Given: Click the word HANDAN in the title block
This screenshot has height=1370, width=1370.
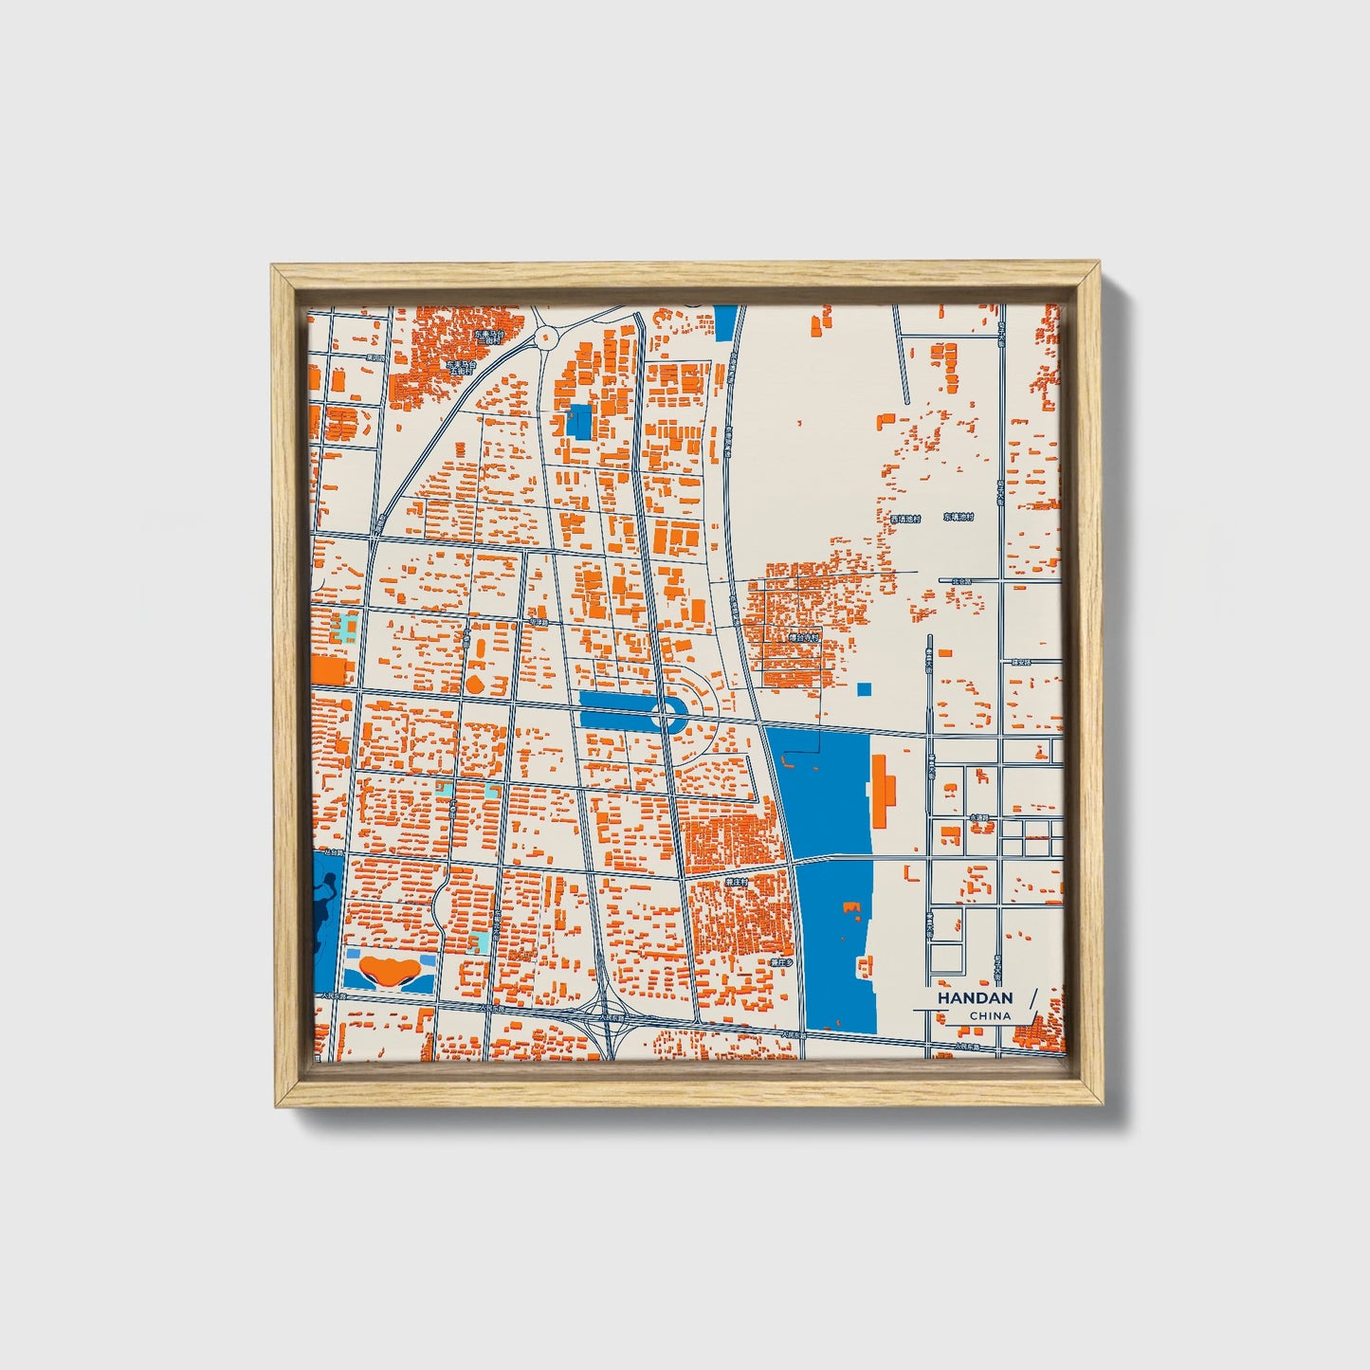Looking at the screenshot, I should pyautogui.click(x=975, y=998).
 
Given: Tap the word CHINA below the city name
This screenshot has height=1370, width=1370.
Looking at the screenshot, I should pyautogui.click(x=990, y=1016).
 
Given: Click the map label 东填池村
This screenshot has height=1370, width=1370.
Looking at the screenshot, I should pyautogui.click(x=958, y=518).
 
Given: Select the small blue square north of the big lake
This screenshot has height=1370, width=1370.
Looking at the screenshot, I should pyautogui.click(x=863, y=689).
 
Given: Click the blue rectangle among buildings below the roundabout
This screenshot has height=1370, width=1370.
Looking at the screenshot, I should pyautogui.click(x=578, y=421).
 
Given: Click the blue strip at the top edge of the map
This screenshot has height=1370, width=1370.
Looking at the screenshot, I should pyautogui.click(x=725, y=323).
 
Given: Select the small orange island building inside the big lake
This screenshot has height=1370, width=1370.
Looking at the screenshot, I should pyautogui.click(x=850, y=910).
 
